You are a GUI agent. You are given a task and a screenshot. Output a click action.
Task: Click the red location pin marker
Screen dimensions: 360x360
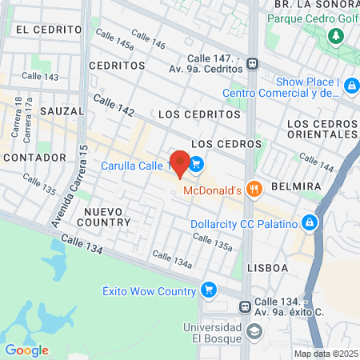pyautogui.click(x=180, y=163)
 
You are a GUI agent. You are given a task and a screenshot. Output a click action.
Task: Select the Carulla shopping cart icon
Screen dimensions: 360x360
pyautogui.click(x=196, y=166)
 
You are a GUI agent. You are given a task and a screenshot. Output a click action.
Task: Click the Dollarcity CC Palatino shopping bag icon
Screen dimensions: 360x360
pyautogui.click(x=310, y=224)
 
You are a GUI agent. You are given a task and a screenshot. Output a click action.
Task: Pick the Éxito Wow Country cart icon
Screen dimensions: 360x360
pyautogui.click(x=209, y=290)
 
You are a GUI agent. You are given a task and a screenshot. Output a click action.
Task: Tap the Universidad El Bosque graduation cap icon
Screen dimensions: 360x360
pyautogui.click(x=254, y=331)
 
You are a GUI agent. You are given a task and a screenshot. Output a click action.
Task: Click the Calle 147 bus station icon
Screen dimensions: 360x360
pyautogui.click(x=252, y=64)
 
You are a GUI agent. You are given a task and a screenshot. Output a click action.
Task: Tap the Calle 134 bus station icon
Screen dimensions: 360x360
pyautogui.click(x=246, y=306)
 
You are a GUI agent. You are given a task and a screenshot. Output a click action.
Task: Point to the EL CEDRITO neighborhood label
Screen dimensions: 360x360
pyautogui.click(x=49, y=29)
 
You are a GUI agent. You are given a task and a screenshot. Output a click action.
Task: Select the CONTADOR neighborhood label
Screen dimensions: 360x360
pyautogui.click(x=34, y=158)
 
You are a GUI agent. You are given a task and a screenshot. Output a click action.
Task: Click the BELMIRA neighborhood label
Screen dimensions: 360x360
pyautogui.click(x=296, y=186)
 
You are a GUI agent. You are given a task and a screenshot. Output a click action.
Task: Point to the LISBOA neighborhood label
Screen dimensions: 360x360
pyautogui.click(x=267, y=267)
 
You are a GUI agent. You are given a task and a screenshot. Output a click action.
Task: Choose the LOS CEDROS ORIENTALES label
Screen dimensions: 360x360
pyautogui.click(x=322, y=129)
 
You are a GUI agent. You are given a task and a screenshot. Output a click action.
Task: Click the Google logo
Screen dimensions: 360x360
pyautogui.click(x=26, y=350)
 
